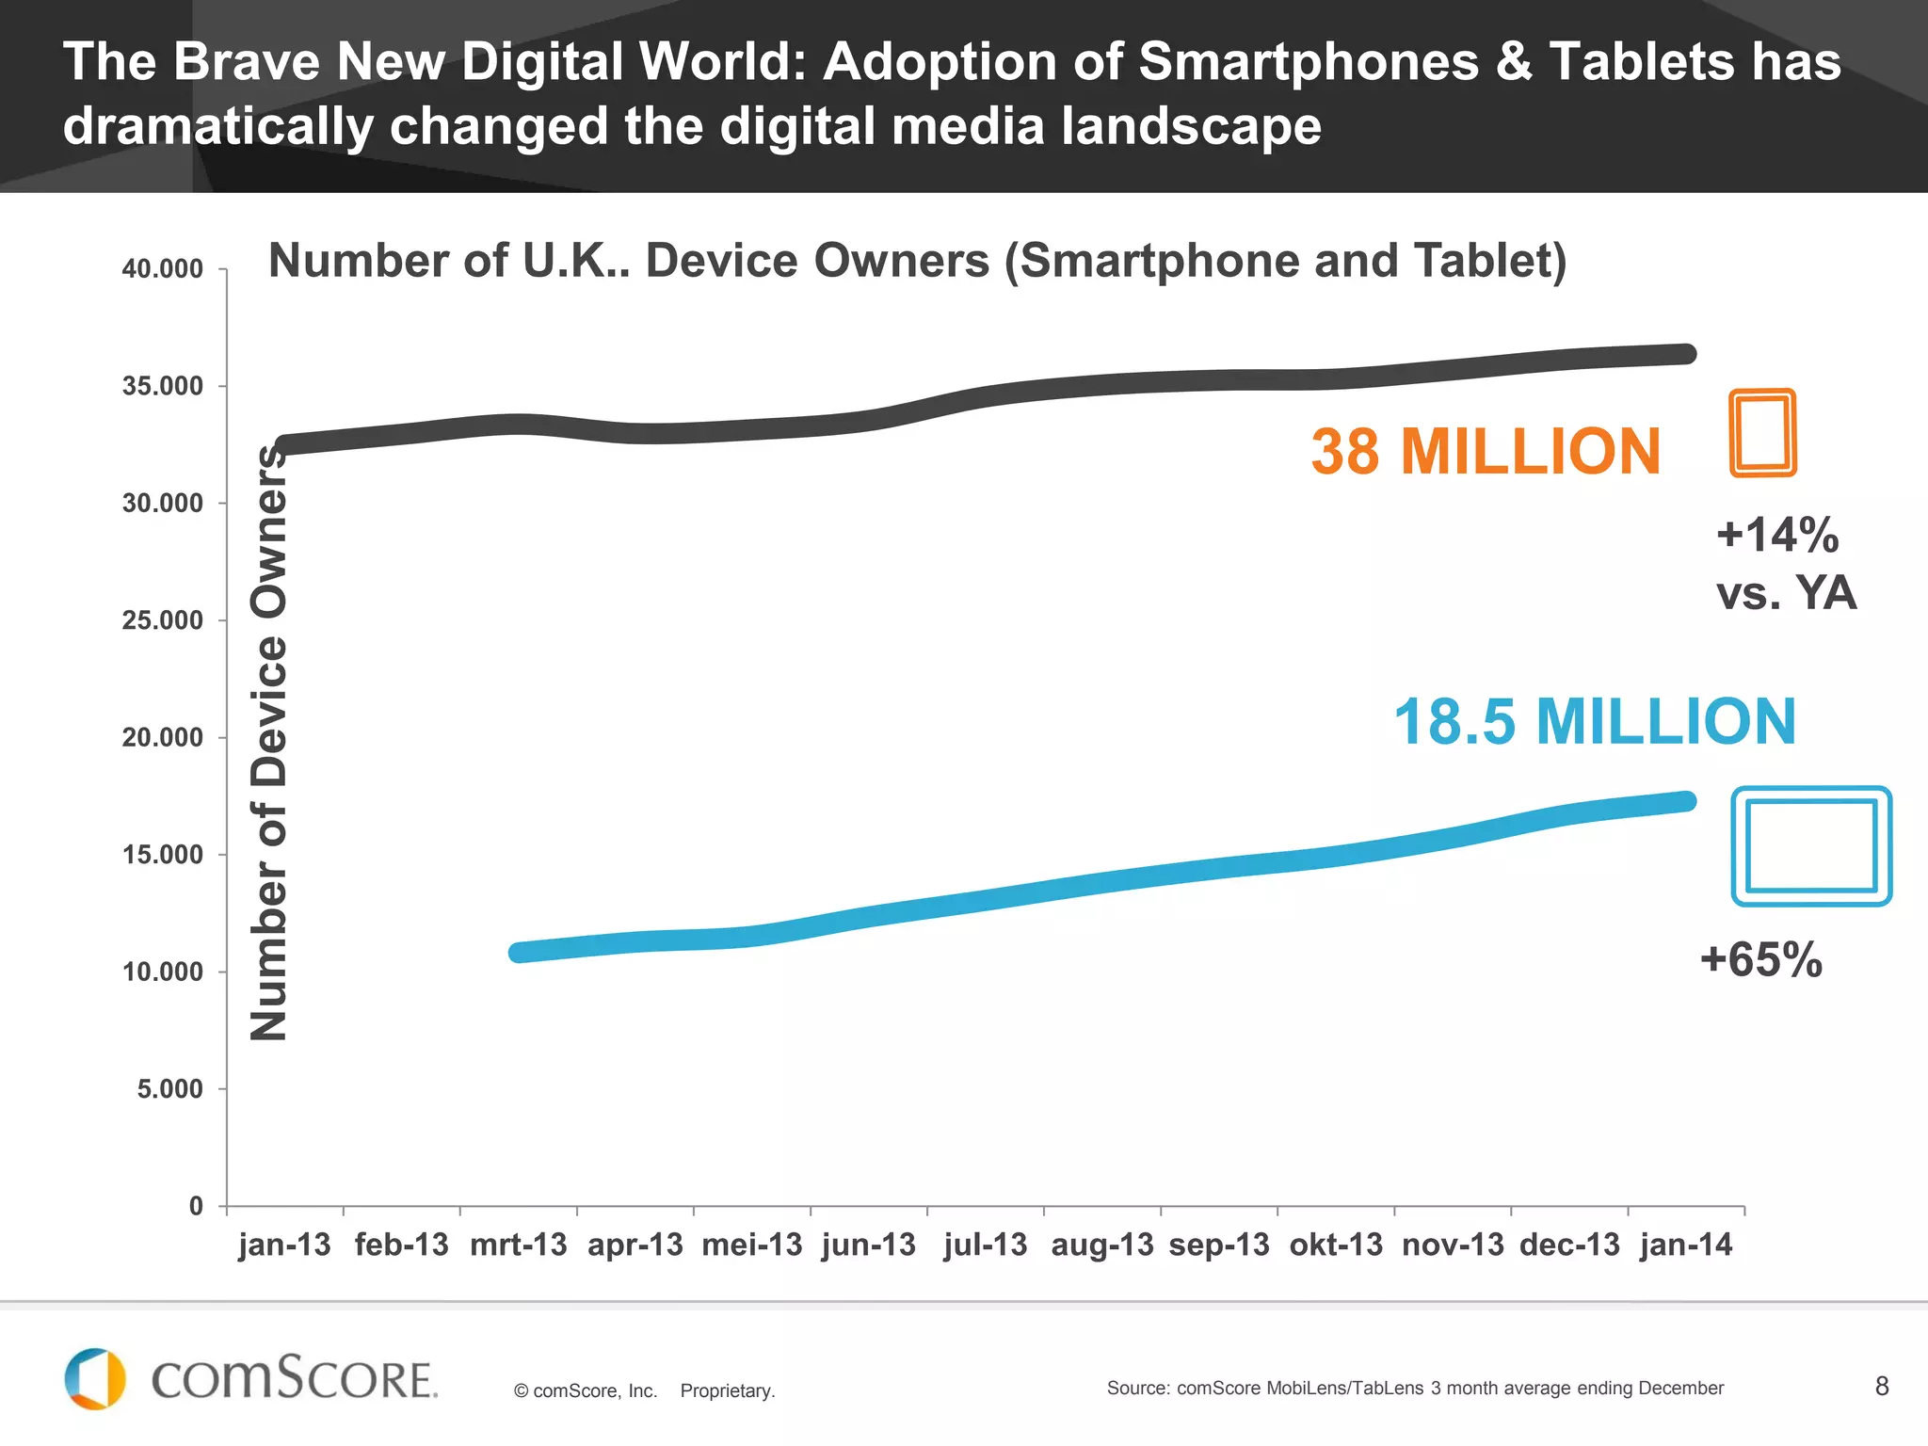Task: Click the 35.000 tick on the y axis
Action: [x=163, y=386]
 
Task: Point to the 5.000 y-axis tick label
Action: [x=170, y=1089]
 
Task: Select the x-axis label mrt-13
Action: [x=518, y=1245]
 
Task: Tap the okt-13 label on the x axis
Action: [x=1336, y=1245]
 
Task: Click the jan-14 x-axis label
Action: [x=1685, y=1245]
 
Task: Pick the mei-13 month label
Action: [x=751, y=1245]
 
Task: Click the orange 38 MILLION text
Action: [x=1486, y=451]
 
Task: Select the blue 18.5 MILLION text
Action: [x=1595, y=722]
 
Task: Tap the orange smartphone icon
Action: [x=1762, y=433]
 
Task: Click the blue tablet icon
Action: [x=1811, y=845]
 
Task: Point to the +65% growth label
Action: [x=1760, y=959]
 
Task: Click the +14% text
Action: [x=1777, y=535]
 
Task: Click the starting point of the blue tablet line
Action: [x=520, y=953]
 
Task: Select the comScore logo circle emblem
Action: [x=94, y=1379]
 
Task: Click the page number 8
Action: [x=1882, y=1386]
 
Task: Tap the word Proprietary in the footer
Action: [x=727, y=1390]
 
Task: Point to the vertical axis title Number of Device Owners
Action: [x=268, y=744]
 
